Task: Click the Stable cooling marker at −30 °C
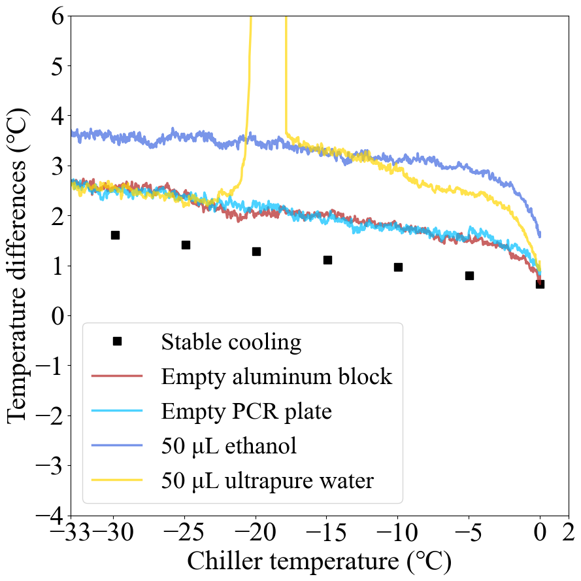[x=115, y=235]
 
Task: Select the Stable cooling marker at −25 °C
[x=186, y=245]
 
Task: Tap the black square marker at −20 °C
[x=256, y=251]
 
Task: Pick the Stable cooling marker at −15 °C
[x=327, y=260]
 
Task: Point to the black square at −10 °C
[x=398, y=267]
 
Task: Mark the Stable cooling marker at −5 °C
[x=469, y=275]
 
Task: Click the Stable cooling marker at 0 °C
[x=540, y=284]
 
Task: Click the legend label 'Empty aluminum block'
[x=276, y=376]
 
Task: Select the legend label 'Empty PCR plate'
[x=246, y=412]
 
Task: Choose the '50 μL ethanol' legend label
[x=229, y=446]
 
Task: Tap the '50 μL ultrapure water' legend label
[x=267, y=482]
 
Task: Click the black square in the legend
[x=117, y=341]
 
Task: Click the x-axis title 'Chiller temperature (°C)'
[x=320, y=561]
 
